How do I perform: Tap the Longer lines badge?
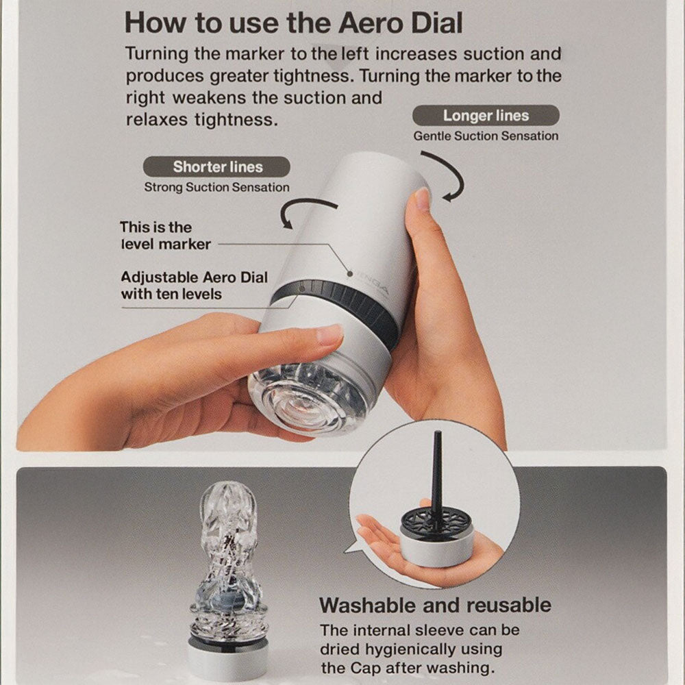pos(486,115)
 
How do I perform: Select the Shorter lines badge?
pos(217,166)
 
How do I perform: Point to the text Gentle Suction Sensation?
pos(486,136)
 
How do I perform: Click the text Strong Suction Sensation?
pos(216,187)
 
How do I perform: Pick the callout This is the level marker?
pos(165,235)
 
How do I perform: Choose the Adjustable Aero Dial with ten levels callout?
pos(194,286)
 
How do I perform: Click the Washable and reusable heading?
pos(435,605)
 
